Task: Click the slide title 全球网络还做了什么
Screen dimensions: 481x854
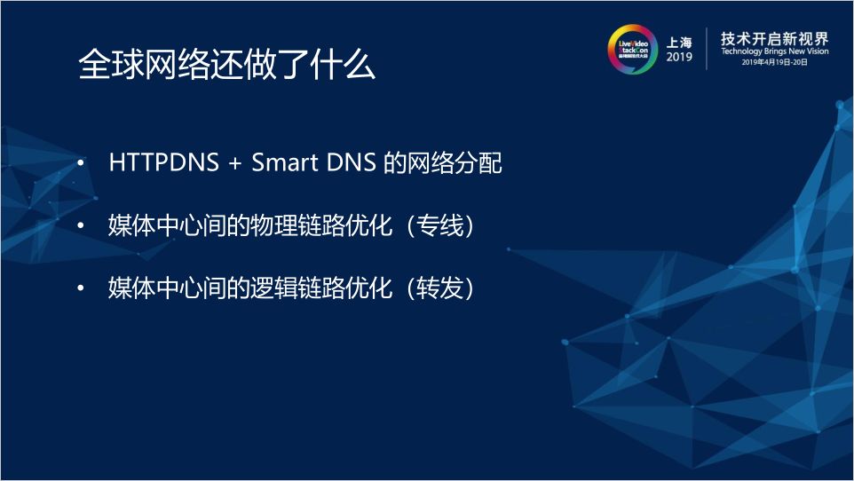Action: (226, 66)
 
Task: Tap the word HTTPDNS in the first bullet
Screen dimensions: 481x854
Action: (160, 164)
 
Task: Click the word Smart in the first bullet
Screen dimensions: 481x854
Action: (281, 164)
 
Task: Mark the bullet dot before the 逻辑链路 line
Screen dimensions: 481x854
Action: (82, 289)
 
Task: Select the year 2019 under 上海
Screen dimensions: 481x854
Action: (679, 58)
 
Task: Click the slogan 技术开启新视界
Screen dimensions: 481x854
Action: (774, 38)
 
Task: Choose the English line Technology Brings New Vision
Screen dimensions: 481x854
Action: (774, 53)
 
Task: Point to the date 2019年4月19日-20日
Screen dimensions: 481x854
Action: (774, 65)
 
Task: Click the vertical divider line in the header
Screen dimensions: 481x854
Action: (706, 49)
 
